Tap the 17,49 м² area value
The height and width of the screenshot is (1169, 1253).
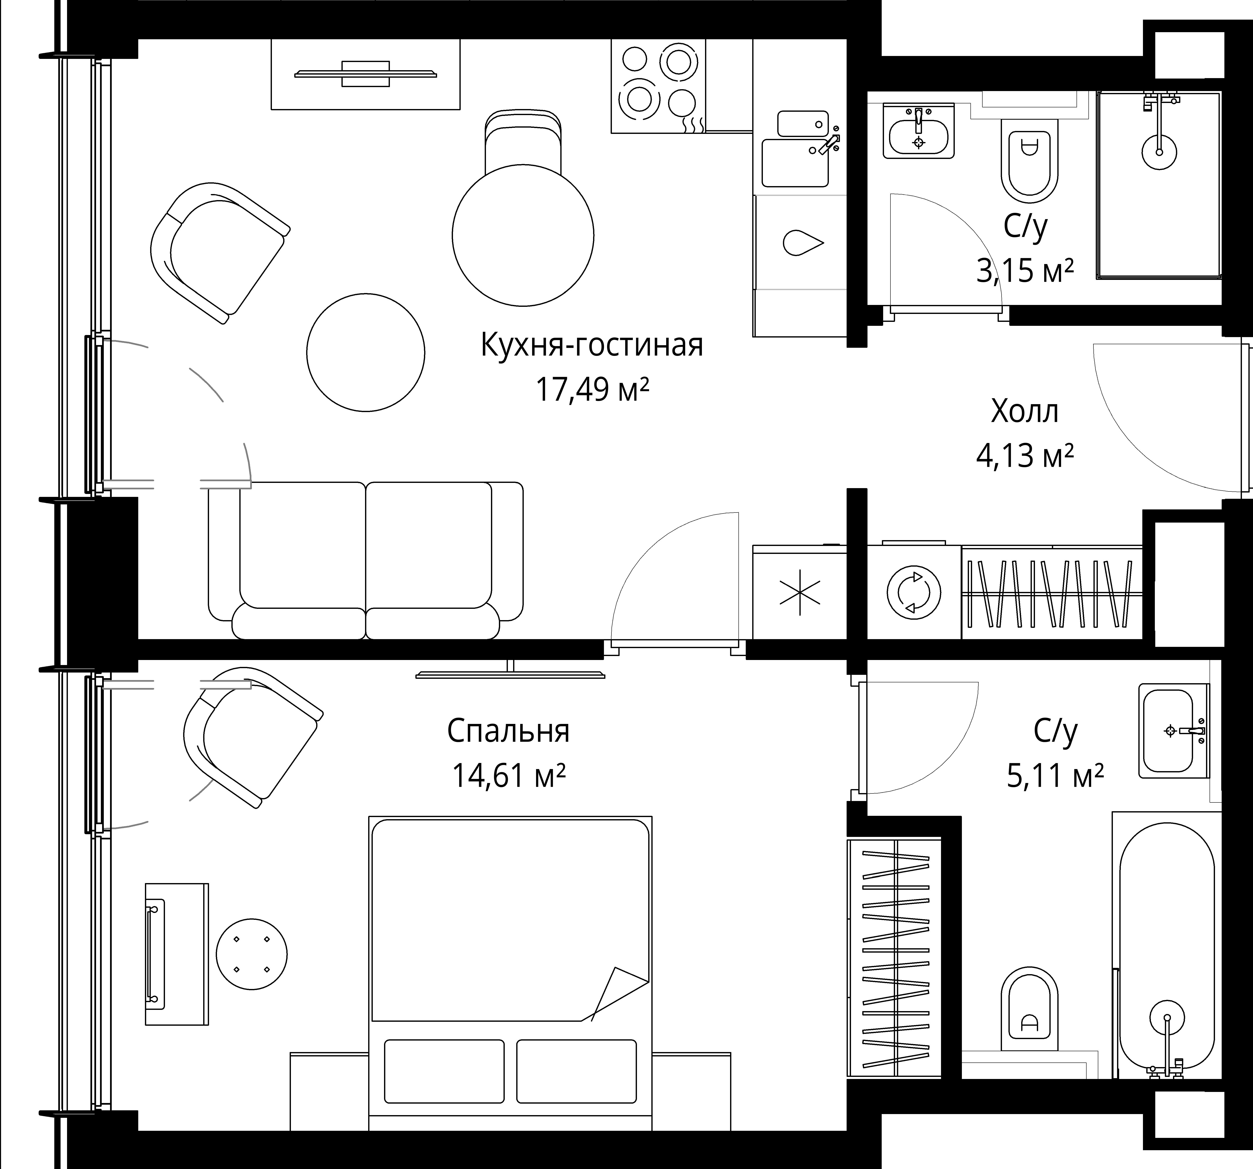click(x=591, y=389)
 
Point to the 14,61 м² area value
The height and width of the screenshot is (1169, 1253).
click(x=508, y=775)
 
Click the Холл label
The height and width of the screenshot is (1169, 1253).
click(x=1025, y=412)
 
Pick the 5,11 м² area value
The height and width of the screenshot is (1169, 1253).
click(x=1055, y=775)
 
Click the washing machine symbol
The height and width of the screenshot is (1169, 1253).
click(x=914, y=593)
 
